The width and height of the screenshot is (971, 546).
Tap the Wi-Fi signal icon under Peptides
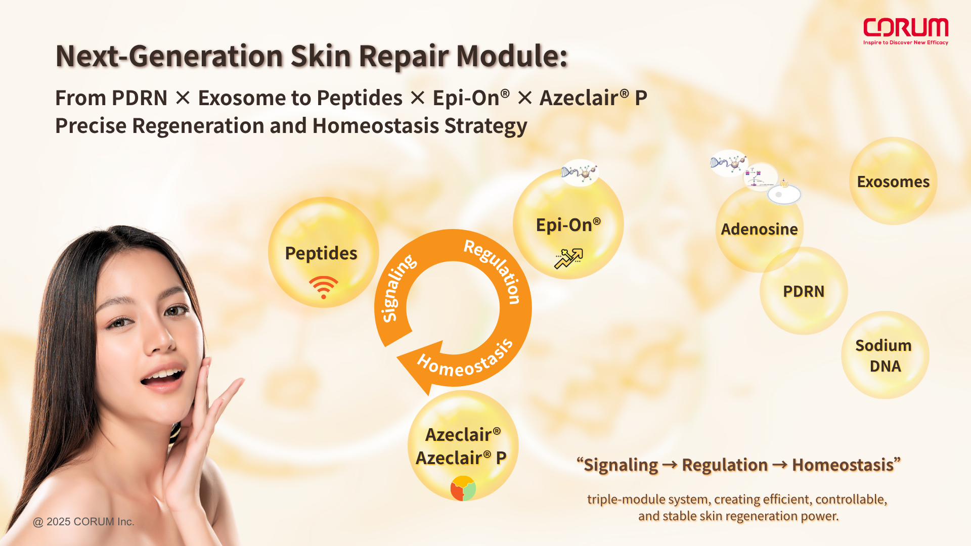click(324, 287)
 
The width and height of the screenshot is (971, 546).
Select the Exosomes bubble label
click(893, 181)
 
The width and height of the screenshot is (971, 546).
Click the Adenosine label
click(759, 229)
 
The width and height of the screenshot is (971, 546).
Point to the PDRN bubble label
click(804, 291)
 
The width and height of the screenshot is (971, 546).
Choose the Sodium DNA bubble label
click(884, 355)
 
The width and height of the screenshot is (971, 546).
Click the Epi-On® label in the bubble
click(568, 224)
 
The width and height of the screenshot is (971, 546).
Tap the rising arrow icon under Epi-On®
click(569, 258)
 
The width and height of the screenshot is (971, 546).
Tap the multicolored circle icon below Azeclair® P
click(463, 488)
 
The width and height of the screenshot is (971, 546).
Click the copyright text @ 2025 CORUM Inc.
click(83, 522)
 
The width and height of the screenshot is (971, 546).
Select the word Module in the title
click(512, 56)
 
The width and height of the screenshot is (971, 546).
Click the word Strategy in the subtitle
click(486, 126)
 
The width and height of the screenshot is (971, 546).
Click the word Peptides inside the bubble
click(321, 253)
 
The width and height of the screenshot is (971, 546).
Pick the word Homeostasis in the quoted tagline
click(843, 465)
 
